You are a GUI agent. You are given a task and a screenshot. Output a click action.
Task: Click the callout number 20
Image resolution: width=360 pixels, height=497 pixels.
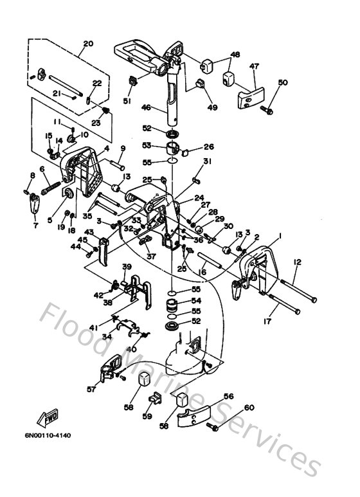point(88,44)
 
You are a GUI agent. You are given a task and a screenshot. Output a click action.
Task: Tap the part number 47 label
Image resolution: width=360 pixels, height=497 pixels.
point(254,66)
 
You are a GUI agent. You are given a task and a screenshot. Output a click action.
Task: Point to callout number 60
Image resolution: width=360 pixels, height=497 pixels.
point(249,408)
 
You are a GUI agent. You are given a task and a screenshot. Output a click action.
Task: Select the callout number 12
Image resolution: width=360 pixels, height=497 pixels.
point(296,262)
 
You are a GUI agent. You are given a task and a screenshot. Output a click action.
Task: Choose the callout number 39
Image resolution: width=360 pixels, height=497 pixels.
point(127,267)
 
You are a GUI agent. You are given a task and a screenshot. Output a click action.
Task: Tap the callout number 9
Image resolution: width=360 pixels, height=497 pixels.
point(122,149)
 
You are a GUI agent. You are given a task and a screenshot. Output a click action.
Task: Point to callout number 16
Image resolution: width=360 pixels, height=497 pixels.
point(184,273)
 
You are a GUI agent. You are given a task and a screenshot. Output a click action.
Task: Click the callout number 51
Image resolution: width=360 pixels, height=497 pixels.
point(127,100)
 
